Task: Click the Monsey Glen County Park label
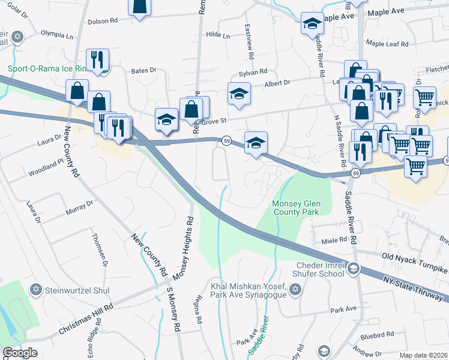click(297, 208)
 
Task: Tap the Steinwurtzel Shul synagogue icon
click(35, 290)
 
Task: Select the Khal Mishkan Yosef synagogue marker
click(294, 290)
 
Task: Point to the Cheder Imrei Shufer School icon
click(354, 268)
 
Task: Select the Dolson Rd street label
click(103, 21)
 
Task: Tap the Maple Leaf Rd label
click(387, 44)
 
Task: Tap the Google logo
click(20, 353)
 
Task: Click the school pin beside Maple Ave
click(312, 24)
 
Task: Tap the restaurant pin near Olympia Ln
click(97, 59)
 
